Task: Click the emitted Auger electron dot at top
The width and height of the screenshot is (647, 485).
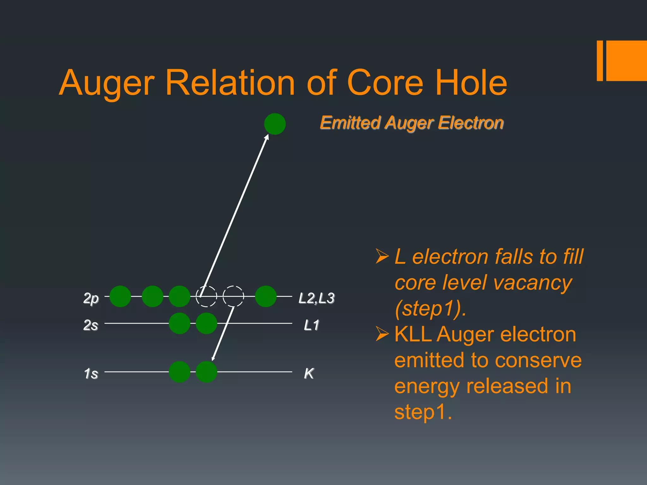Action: point(275,124)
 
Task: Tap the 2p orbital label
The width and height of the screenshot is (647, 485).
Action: point(91,298)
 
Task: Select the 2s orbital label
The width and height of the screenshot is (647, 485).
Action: point(91,325)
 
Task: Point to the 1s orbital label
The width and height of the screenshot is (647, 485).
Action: point(91,374)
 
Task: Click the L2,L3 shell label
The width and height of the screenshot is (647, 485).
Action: point(317,298)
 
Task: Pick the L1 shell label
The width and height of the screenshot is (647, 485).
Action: point(311,325)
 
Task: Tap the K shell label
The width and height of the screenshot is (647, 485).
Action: point(309,374)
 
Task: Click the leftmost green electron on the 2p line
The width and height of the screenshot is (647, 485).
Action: point(120,296)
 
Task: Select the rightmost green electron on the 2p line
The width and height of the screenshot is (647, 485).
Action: point(266,296)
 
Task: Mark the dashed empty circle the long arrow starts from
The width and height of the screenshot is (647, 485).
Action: point(206,296)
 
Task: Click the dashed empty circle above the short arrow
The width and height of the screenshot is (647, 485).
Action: point(233,296)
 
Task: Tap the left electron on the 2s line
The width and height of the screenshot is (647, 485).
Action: point(179,323)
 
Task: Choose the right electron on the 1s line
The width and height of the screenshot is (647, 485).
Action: point(206,372)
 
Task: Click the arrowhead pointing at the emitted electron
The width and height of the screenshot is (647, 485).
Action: point(267,137)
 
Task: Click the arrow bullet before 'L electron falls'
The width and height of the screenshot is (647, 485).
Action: point(382,256)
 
